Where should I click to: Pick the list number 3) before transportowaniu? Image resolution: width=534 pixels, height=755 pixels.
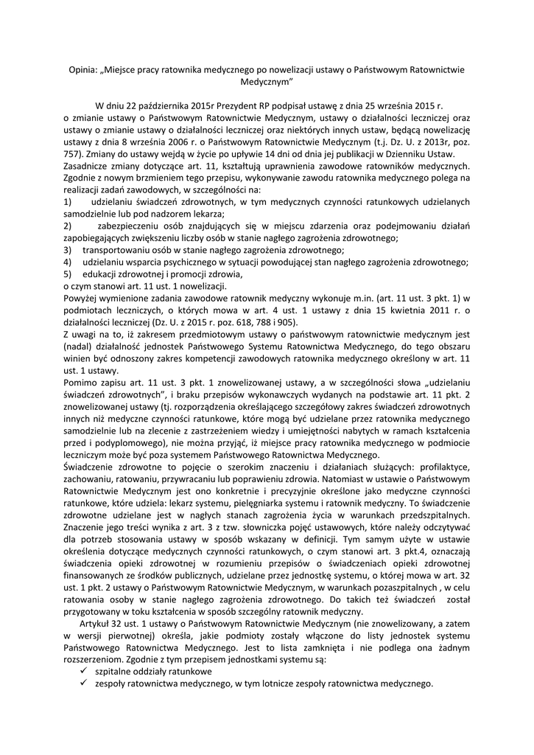pyautogui.click(x=67, y=250)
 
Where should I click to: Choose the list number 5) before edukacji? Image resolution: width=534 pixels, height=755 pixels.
pyautogui.click(x=67, y=274)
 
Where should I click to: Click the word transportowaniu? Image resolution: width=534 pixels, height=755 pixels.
pyautogui.click(x=118, y=250)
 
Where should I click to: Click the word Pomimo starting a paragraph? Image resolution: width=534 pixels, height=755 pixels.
pyautogui.click(x=82, y=382)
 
